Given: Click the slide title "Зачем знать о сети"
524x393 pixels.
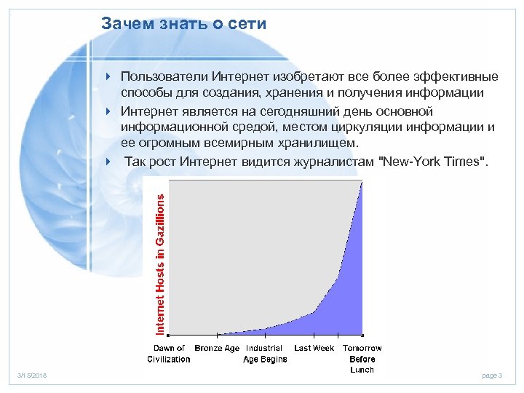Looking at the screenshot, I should coord(183,24).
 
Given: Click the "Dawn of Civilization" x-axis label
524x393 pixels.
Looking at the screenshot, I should coord(169,354).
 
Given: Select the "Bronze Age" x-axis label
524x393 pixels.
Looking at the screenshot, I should coord(217,349).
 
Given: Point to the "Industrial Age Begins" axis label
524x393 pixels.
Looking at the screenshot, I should coord(265,354).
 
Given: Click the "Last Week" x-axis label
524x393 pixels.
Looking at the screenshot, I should coord(314,349).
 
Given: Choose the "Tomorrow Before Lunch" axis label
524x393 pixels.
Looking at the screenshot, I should coord(362,359).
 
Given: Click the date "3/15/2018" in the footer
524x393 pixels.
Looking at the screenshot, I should coord(31,376).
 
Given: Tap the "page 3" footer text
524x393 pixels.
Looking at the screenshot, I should coord(492,376).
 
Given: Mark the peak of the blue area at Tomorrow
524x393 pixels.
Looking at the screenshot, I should coord(362,182).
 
